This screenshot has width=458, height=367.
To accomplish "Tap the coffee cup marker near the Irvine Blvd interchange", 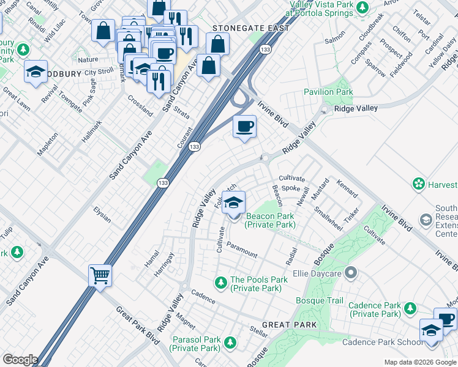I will [x=244, y=127].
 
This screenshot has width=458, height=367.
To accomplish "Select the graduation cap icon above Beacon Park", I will [x=233, y=202].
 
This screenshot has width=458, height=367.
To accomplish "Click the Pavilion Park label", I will [x=329, y=92].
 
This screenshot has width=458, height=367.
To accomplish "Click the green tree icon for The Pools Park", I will [x=220, y=281].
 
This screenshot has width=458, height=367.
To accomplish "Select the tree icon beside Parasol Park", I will [x=230, y=342].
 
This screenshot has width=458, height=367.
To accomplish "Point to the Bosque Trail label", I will [x=320, y=300].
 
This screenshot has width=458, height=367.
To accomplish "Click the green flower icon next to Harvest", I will [x=419, y=183].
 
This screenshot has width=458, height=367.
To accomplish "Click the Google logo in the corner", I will [x=20, y=359].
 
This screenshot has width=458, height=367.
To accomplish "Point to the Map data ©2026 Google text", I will [x=420, y=362].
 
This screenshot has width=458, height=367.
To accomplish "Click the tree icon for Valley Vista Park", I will [x=362, y=7].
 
